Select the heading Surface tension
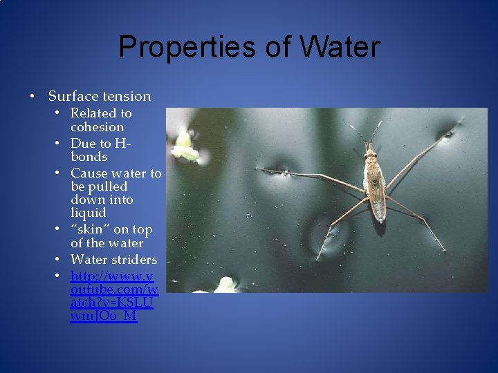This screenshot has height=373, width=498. coord(100,96)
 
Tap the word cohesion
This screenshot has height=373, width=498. coord(98,127)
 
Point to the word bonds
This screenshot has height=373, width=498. coord(89,157)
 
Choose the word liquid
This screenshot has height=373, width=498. coord(88,213)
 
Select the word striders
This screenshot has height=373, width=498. coord(134,260)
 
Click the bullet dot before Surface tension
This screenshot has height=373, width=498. coord(33,96)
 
